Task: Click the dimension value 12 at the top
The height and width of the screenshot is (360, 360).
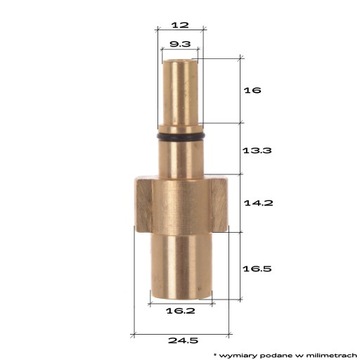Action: click(x=180, y=22)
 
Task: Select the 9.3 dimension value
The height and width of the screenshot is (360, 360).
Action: click(x=180, y=45)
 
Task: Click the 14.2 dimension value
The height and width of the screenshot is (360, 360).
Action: click(x=256, y=201)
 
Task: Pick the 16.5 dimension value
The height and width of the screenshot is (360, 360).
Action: click(x=256, y=269)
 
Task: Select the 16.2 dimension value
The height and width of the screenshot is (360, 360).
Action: click(x=180, y=311)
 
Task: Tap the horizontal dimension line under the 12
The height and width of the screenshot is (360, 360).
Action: click(x=180, y=31)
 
